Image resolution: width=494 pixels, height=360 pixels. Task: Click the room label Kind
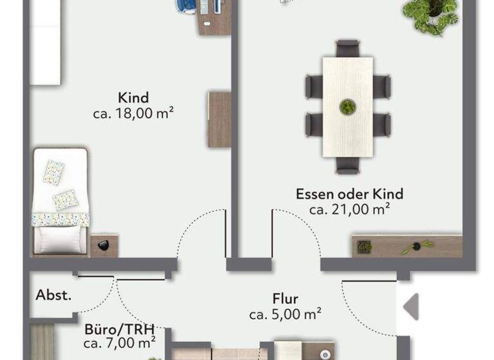click(x=133, y=98)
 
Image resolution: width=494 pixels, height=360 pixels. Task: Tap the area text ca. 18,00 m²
click(x=134, y=114)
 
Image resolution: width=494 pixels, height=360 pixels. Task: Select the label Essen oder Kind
click(x=349, y=194)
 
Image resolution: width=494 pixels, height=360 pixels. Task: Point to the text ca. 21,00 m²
click(x=349, y=209)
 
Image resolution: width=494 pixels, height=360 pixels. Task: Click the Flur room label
click(x=285, y=299)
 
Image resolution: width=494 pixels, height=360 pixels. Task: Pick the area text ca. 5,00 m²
click(x=285, y=314)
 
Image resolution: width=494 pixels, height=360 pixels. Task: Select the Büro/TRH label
click(x=120, y=329)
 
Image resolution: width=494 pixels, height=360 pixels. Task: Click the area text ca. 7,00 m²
click(x=120, y=343)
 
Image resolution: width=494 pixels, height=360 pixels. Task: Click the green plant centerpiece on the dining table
click(x=347, y=106)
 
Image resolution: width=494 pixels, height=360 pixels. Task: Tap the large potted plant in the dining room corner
click(x=431, y=14)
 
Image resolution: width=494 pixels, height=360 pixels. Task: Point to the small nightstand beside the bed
click(x=103, y=245)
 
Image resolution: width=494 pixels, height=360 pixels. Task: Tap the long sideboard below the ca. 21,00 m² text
click(x=407, y=246)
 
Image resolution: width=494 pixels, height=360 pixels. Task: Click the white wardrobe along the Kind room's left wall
click(x=46, y=42)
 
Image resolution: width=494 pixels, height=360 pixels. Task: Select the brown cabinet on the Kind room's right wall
click(x=219, y=120)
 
